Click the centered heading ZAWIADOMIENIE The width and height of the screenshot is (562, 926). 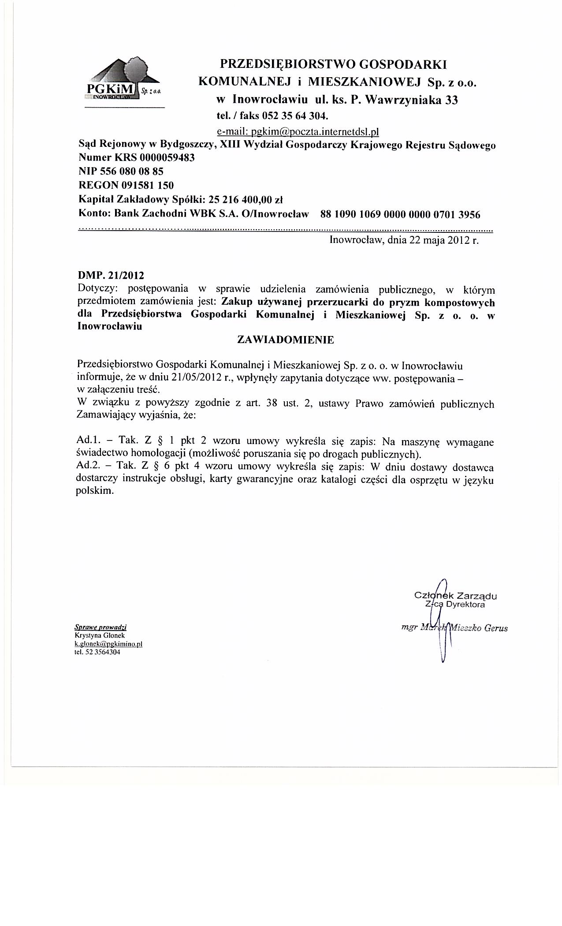pos(286,340)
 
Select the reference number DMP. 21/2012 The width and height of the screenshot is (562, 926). pos(111,276)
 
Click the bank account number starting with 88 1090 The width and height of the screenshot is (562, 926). pos(400,215)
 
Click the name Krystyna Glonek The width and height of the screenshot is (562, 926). pos(100,635)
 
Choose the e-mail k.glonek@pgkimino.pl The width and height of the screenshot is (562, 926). pos(108,644)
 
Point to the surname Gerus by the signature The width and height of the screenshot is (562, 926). pos(495,628)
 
